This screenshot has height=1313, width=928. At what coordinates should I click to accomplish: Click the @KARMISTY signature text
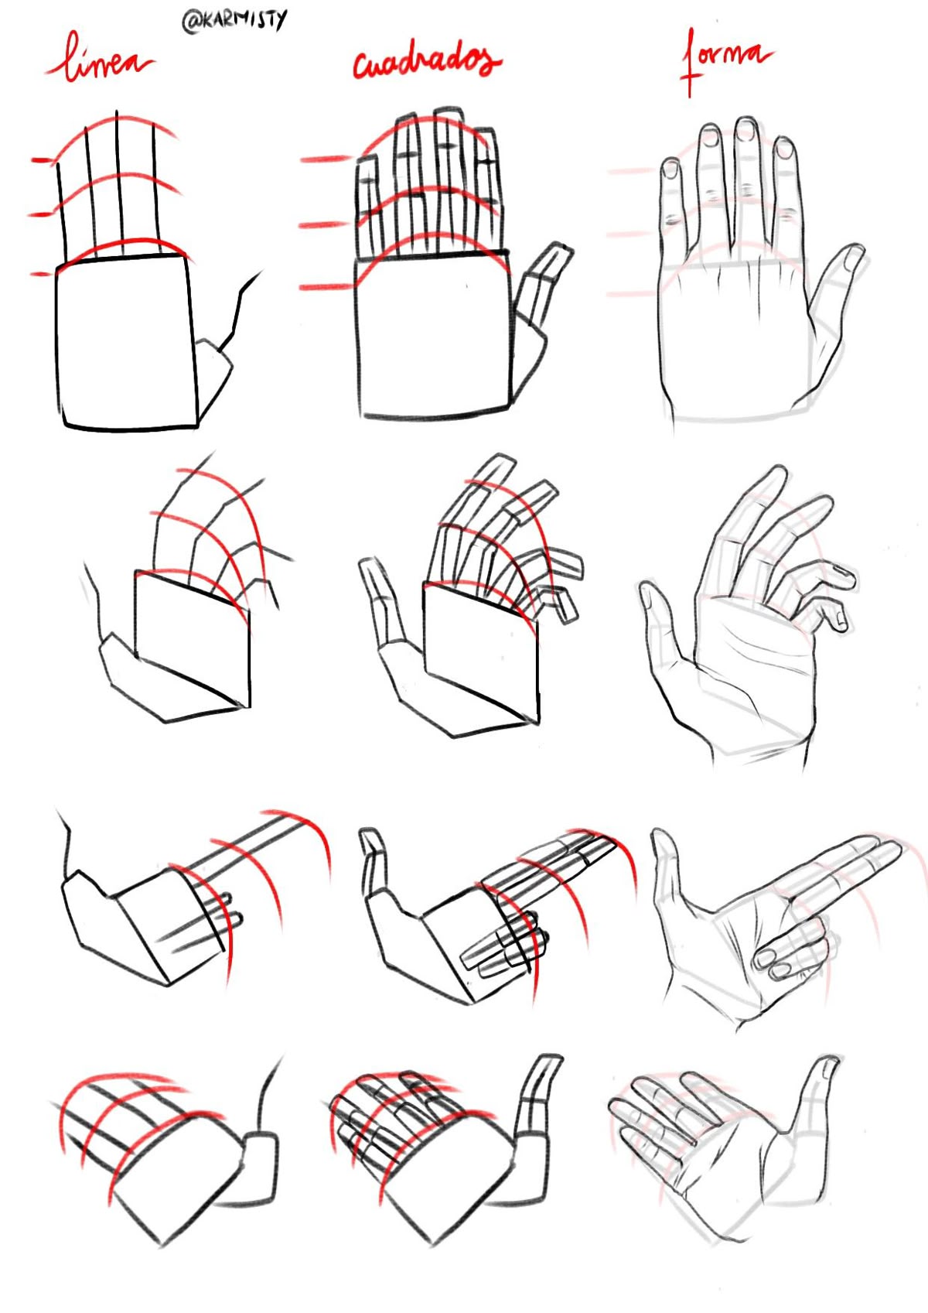point(234,22)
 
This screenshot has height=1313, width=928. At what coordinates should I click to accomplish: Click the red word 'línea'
point(100,59)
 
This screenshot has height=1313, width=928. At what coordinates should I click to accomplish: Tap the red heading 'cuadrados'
point(427,62)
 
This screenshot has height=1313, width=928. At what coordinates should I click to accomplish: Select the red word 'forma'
point(726,59)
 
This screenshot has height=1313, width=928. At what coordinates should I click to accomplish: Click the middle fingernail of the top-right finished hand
point(745,130)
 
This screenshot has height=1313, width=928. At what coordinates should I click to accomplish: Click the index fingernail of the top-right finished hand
point(783,149)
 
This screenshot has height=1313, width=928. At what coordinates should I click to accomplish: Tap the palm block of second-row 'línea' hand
point(192,639)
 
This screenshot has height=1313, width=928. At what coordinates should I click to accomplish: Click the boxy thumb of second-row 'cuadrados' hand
point(380,601)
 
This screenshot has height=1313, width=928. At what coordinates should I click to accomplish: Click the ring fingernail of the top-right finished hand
point(710,135)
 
